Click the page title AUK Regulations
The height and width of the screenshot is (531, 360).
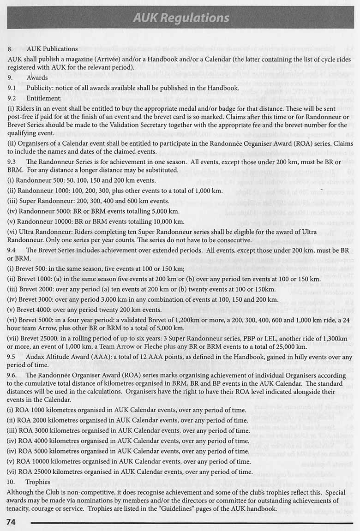(180, 18)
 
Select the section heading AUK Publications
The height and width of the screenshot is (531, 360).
(52, 48)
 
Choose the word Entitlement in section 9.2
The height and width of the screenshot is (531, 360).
(44, 98)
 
